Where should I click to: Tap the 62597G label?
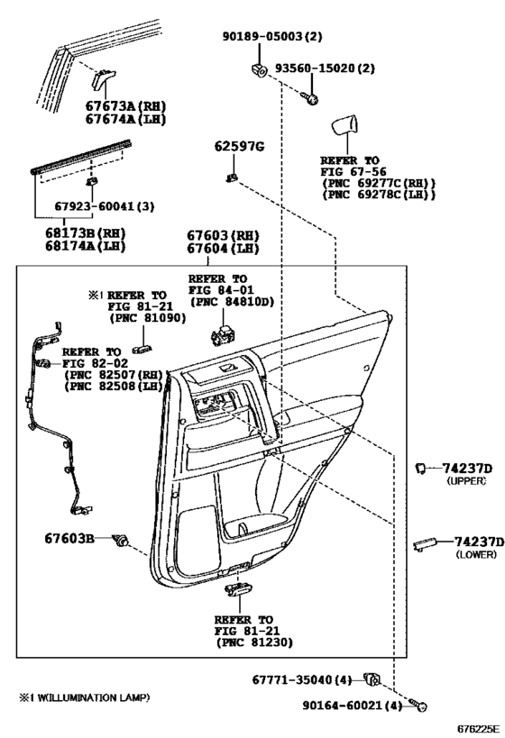[238, 146]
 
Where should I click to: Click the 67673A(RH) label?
[112, 106]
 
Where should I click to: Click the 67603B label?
[69, 539]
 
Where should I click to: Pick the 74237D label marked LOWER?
[473, 542]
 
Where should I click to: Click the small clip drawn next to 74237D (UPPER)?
[421, 467]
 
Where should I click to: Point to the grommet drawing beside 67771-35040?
[372, 679]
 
